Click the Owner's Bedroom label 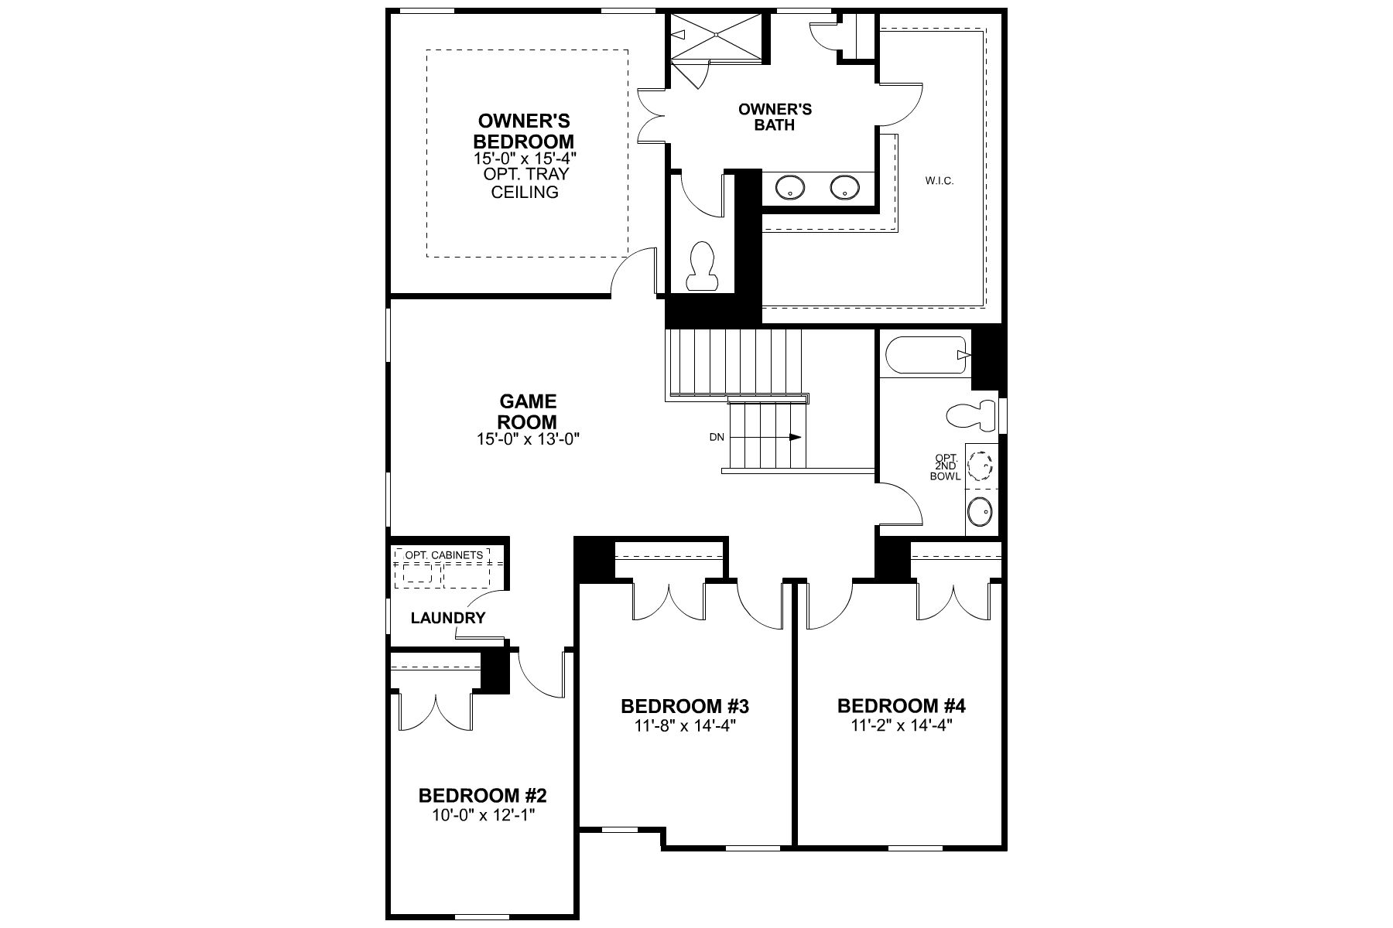(x=524, y=131)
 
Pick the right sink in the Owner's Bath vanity (x=844, y=186)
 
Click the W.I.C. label (x=940, y=181)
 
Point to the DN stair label (x=717, y=437)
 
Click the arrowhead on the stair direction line (x=796, y=437)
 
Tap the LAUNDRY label (x=448, y=618)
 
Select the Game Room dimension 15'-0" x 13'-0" (x=529, y=439)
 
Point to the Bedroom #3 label (x=685, y=706)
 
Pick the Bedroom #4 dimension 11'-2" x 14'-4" (x=902, y=725)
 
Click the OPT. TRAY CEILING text (x=525, y=183)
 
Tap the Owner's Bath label (x=775, y=117)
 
